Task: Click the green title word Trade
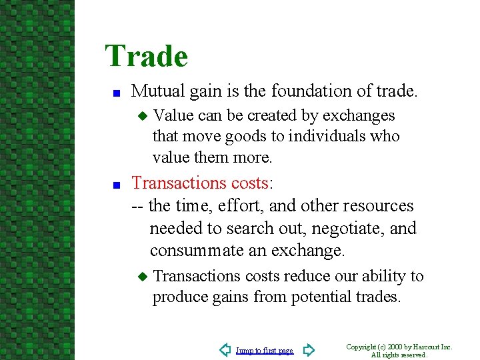pos(146,56)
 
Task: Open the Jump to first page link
pos(265,351)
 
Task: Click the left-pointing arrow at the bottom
pos(225,350)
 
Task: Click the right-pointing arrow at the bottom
pos(308,350)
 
